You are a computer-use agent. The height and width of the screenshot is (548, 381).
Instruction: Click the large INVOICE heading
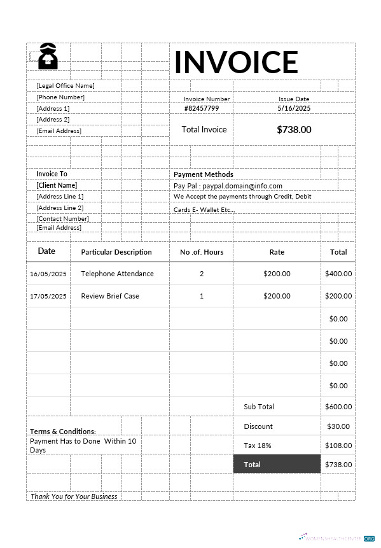coord(236,62)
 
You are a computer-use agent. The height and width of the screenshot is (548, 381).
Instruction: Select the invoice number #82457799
coord(201,108)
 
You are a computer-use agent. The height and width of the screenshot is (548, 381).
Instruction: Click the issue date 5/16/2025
coord(294,108)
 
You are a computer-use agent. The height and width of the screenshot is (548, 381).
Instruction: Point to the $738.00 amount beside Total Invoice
coord(294,129)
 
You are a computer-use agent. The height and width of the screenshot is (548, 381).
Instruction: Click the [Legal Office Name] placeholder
coord(66,85)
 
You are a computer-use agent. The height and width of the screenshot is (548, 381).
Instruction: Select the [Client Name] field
coord(57,185)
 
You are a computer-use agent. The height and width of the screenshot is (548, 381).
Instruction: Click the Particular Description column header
coord(116,252)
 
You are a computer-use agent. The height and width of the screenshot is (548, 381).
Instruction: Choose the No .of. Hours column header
coord(202,252)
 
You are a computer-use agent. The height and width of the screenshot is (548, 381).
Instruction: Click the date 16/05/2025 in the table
coord(48,274)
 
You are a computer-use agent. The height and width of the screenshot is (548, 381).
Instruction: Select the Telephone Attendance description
coord(117,274)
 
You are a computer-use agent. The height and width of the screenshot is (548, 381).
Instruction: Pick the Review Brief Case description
coord(110,296)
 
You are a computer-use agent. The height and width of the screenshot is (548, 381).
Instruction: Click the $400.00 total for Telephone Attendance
coord(338,274)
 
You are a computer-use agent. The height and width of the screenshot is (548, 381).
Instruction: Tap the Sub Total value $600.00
coord(338,407)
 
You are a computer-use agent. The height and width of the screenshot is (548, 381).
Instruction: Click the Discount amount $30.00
coord(338,426)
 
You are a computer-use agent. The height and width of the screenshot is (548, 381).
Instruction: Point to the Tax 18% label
coord(258,446)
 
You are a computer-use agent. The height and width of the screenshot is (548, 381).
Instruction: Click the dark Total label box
coord(277,465)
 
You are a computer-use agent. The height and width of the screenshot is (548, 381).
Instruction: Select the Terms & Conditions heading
coord(63,431)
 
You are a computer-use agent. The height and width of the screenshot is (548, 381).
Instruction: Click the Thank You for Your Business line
coord(74,496)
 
